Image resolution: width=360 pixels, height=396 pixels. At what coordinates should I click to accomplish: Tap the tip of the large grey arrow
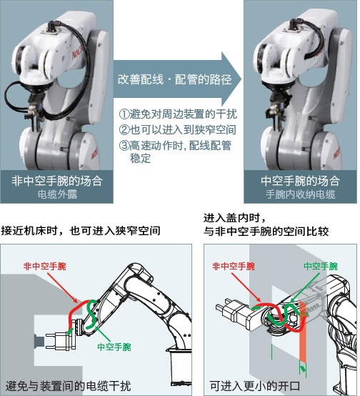238,78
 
